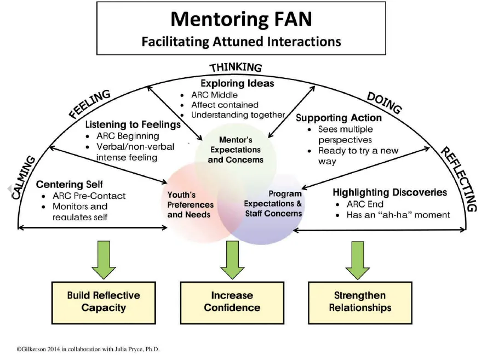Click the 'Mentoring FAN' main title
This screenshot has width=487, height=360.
[x=241, y=19]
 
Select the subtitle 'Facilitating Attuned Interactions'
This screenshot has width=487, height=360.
[x=241, y=41]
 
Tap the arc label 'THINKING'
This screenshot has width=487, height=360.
[x=236, y=67]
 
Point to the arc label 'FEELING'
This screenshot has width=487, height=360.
[x=90, y=104]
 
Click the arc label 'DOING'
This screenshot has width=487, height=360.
[x=383, y=102]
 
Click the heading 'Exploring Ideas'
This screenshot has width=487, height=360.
[x=237, y=83]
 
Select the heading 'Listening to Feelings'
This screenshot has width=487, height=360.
[x=133, y=124]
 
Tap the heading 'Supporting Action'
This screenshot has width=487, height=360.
[x=339, y=117]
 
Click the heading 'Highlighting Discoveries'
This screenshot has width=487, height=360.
[x=389, y=192]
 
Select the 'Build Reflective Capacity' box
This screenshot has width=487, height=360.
[x=104, y=301]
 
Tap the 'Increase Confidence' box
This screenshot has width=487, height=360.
[x=232, y=301]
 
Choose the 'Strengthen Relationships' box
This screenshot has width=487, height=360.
[x=360, y=301]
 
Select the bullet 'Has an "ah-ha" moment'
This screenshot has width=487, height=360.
[x=398, y=215]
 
